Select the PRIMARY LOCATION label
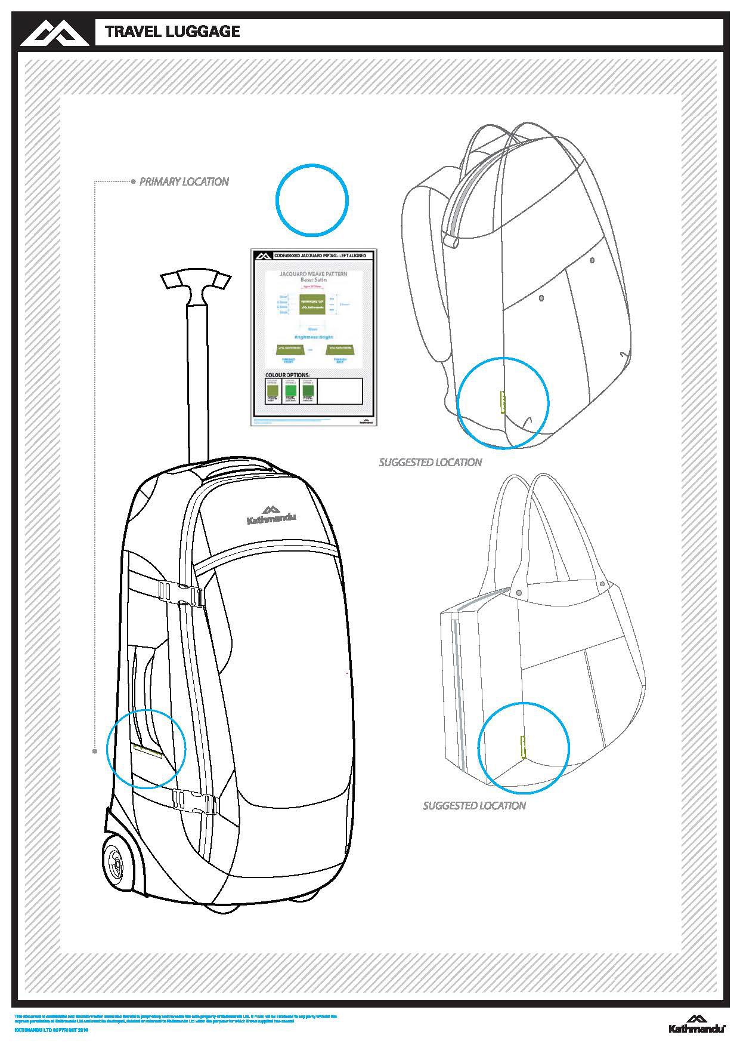point(184,181)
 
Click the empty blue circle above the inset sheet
point(312,199)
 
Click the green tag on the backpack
point(502,402)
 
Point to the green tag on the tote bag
point(523,746)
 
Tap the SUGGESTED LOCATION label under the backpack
point(430,462)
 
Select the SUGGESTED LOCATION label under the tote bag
point(474,806)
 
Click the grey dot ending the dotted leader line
point(95,752)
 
